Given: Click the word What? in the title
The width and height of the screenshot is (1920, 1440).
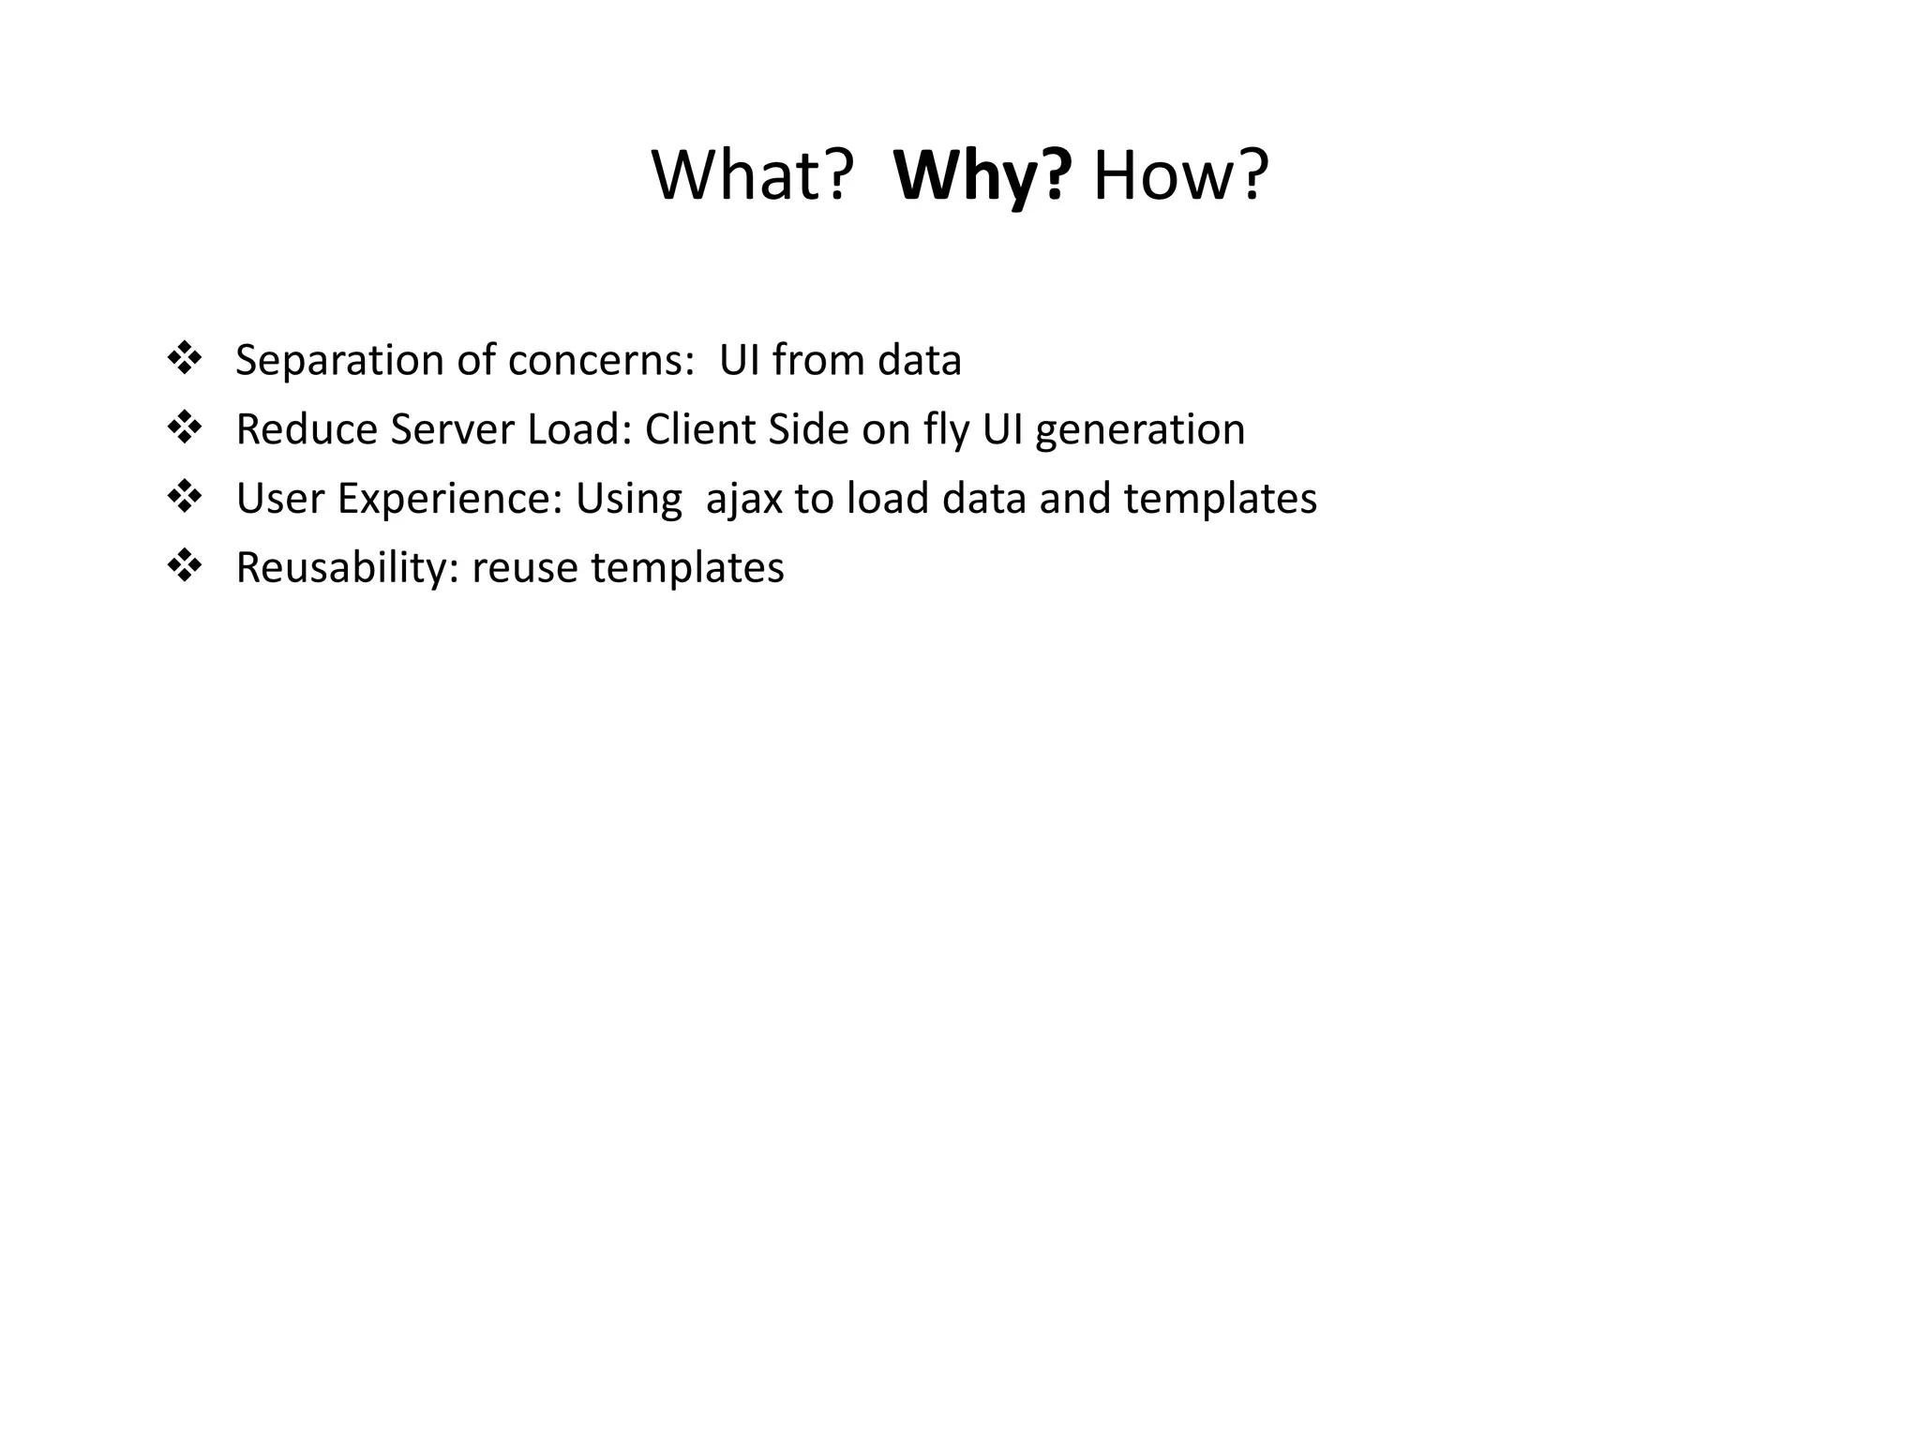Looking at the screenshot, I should [x=752, y=175].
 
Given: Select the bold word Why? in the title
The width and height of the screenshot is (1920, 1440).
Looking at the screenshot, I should [x=982, y=175].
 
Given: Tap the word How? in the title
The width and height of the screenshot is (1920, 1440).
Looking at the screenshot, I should [x=1180, y=175].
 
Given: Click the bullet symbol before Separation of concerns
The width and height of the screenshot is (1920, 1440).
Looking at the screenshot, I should [x=184, y=359].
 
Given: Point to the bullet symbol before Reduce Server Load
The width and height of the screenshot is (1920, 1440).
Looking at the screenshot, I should [x=184, y=428].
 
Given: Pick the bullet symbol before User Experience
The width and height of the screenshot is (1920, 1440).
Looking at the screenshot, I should [x=184, y=498].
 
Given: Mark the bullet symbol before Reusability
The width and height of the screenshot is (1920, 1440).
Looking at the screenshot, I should [x=184, y=566].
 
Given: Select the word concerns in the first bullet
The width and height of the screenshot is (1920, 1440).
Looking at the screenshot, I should [x=600, y=361].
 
